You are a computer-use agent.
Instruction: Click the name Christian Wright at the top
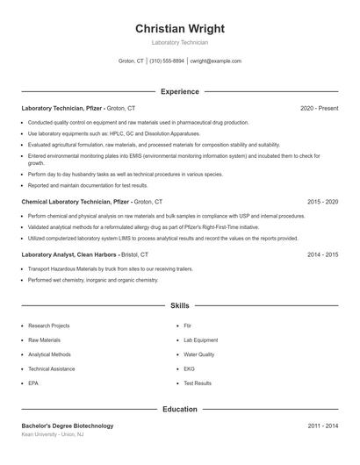coord(180,29)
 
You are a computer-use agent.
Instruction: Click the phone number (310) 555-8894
coord(167,61)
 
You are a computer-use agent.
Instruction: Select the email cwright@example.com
coord(216,61)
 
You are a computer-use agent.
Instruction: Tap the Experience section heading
coord(180,91)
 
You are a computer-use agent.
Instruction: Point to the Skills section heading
coord(180,306)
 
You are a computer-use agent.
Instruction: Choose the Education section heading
coord(180,409)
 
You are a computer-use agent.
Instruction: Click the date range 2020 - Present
coord(319,108)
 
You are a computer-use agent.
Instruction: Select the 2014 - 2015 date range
coord(322,254)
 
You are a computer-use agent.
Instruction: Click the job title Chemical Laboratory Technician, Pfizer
coord(76,201)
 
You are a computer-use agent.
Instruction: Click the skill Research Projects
coord(48,325)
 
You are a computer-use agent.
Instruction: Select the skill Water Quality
coord(199,354)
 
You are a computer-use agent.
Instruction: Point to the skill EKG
coord(189,369)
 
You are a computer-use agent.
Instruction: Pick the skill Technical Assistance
coord(52,369)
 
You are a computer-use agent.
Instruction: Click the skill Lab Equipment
coord(200,340)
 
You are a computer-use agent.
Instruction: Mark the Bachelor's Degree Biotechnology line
coord(68,426)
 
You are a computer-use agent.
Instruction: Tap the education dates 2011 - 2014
coord(322,426)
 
